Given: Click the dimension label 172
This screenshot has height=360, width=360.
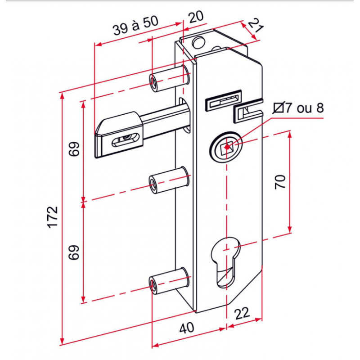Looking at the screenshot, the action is (53, 217).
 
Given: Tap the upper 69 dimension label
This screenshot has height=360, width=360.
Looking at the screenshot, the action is (74, 149).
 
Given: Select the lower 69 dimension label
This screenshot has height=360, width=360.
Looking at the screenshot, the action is (74, 252).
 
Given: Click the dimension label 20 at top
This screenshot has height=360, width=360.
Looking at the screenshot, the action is (196, 17).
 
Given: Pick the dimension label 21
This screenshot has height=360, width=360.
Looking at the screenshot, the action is (255, 26).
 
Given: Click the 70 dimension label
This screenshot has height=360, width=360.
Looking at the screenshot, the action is (280, 182).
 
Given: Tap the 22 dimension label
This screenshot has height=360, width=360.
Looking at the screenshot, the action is (242, 313).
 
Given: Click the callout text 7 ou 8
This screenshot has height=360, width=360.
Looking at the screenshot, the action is (304, 108).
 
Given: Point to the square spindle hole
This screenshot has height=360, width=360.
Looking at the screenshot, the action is (226, 147).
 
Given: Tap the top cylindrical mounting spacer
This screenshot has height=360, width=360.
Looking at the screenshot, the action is (170, 78).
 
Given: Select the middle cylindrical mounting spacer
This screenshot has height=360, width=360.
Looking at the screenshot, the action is (170, 180).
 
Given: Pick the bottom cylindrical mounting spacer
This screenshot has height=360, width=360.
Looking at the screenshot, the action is (170, 280).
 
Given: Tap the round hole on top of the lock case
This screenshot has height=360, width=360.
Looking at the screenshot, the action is (198, 42).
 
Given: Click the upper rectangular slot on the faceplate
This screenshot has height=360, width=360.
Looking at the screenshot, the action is (223, 100).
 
